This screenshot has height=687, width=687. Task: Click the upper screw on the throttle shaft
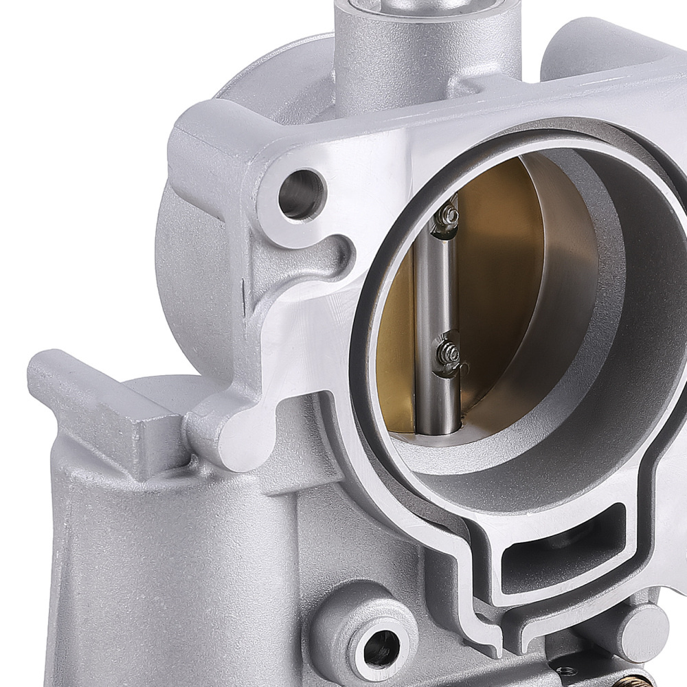click(448, 215)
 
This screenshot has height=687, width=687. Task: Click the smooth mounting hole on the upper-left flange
click(301, 194)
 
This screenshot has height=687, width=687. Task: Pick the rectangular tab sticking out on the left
click(103, 405)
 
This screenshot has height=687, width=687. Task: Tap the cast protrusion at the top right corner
click(605, 48)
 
